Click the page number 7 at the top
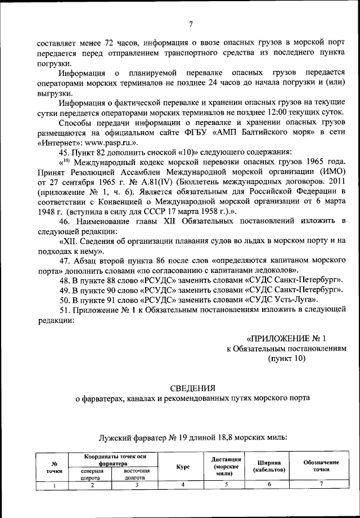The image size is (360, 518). pos(191,24)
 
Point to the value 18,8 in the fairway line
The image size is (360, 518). pos(206,436)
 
